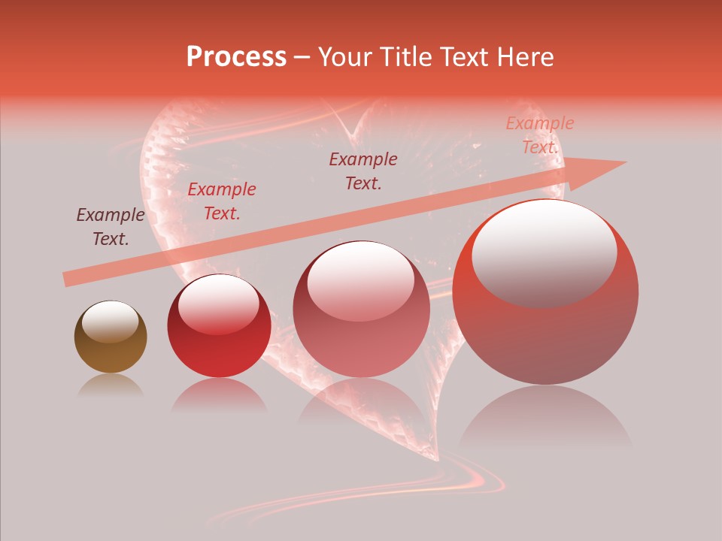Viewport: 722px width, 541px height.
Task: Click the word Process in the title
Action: point(236,57)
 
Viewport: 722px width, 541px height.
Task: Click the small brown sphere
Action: point(111,337)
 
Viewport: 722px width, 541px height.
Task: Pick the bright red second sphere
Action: point(219,326)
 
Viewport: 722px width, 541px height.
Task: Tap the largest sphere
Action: point(545,292)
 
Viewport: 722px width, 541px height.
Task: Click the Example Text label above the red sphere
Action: point(222,201)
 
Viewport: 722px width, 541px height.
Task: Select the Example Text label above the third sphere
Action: point(363,171)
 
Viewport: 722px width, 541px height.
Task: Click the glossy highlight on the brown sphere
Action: point(110,321)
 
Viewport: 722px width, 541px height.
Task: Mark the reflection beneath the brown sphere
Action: point(110,385)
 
